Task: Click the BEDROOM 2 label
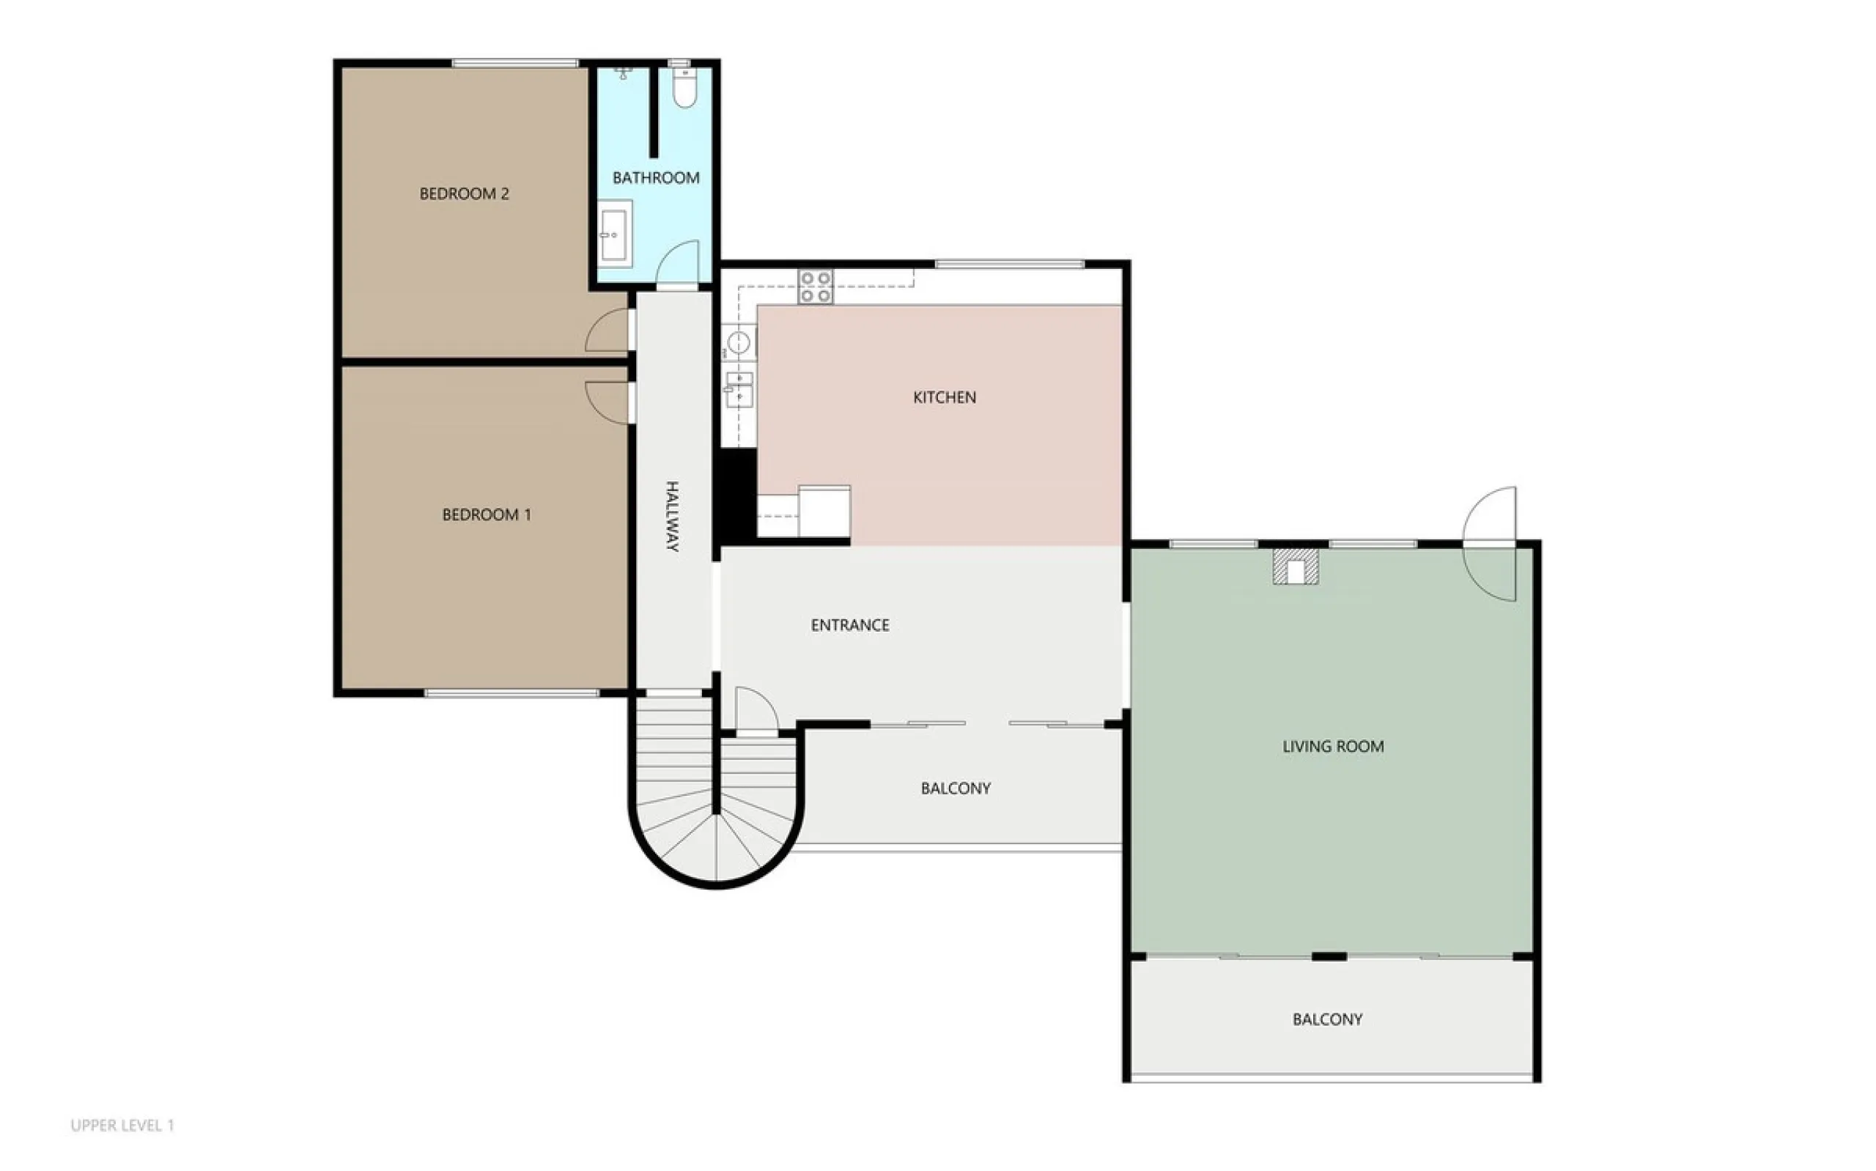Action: pos(464,193)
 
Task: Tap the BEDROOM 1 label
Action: pos(487,514)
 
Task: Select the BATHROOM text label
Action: pos(656,178)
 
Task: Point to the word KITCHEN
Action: pos(945,397)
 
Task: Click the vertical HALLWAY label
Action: pos(672,516)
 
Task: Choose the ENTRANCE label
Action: pos(849,625)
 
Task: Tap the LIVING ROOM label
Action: pos(1332,747)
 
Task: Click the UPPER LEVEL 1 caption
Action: pos(122,1126)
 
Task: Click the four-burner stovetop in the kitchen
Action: pos(816,287)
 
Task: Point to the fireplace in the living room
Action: pos(1296,567)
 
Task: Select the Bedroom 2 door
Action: pos(609,330)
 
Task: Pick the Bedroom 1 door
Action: pos(609,403)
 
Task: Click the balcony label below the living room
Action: pos(1327,1019)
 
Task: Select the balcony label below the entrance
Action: pos(956,788)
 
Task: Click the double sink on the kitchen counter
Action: pos(739,389)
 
